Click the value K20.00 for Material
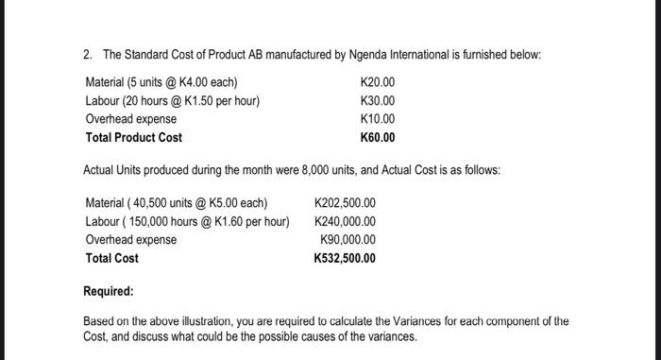(x=378, y=82)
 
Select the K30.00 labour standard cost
(x=378, y=101)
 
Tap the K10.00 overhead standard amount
(x=378, y=119)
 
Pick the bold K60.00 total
(x=378, y=138)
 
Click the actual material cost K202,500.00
(x=345, y=203)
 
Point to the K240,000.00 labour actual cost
(x=345, y=221)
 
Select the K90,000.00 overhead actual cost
(x=348, y=240)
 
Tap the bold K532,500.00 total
(x=345, y=258)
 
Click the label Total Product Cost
(x=133, y=138)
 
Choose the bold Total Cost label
(x=111, y=258)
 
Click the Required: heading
(x=109, y=292)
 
